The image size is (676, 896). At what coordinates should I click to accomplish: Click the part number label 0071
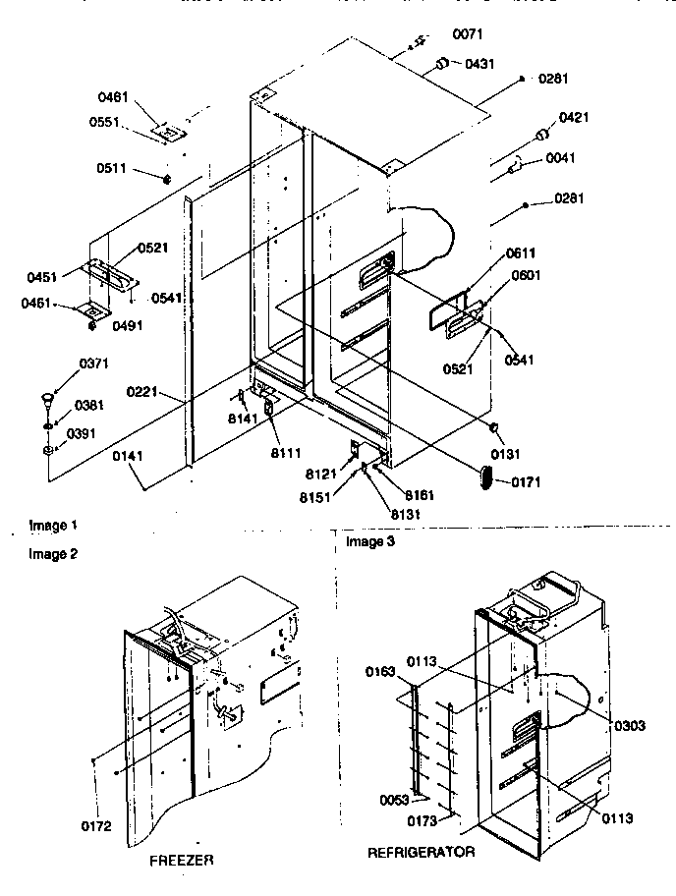click(467, 35)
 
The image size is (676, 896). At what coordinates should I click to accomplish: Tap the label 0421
click(574, 118)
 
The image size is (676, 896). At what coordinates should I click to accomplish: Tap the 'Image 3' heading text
click(367, 541)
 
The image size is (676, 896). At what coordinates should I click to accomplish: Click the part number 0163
click(382, 672)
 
